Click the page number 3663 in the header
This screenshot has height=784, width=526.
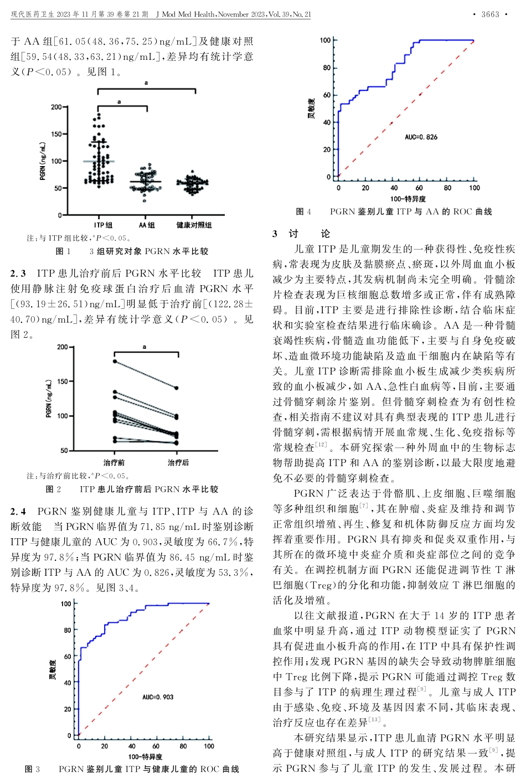point(490,14)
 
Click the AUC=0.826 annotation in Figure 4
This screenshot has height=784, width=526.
point(421,137)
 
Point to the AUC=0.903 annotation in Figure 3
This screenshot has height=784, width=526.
point(158,697)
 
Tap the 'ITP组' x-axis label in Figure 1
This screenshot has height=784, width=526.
point(103,225)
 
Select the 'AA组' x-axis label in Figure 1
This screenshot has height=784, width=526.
point(147,225)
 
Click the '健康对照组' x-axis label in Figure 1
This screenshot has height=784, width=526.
point(194,225)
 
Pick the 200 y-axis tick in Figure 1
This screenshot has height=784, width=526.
point(56,107)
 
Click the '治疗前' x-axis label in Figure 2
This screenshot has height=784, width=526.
point(114,463)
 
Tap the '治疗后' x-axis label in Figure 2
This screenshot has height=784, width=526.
point(178,463)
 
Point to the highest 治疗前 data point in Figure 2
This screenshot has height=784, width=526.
point(115,361)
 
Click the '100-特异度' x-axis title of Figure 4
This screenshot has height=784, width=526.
point(408,199)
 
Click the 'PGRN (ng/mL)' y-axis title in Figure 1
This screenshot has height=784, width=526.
point(43,161)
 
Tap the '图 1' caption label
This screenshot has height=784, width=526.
point(63,251)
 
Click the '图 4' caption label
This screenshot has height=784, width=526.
point(303,212)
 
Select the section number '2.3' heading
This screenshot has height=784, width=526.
point(18,274)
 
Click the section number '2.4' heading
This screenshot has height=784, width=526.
point(18,512)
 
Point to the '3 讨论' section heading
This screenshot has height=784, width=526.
point(302,234)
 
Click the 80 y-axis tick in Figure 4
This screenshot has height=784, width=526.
point(327,68)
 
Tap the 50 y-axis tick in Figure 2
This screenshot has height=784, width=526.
point(64,451)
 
